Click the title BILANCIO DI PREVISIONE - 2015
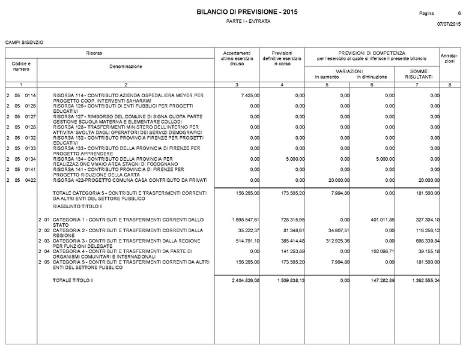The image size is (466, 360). [246, 12]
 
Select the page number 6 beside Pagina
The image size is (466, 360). [451, 13]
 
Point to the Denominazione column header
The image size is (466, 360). [126, 66]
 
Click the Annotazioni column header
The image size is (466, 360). [449, 59]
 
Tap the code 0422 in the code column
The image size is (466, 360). [30, 179]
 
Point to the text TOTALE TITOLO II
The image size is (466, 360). [74, 280]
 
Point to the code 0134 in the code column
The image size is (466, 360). [30, 159]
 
